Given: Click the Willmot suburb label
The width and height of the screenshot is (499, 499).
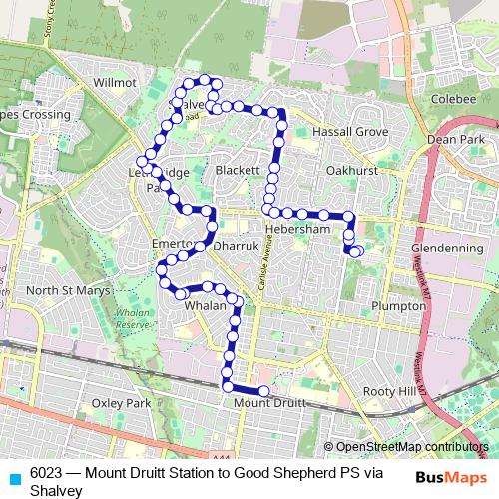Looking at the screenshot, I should (x=113, y=82).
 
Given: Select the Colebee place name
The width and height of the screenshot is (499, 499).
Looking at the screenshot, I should (x=455, y=99).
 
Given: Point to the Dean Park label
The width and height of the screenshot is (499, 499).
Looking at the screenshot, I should (x=455, y=141).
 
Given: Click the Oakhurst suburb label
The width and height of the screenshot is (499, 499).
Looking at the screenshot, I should (x=351, y=171).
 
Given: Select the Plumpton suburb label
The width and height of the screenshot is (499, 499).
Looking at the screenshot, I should (x=397, y=306).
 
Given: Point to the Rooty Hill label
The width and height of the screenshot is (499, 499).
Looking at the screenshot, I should (x=389, y=392).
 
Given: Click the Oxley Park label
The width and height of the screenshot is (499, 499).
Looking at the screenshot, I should (x=120, y=403).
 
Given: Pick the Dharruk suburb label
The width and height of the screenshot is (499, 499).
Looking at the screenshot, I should (x=237, y=243).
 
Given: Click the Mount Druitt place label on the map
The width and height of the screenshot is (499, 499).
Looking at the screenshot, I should (x=267, y=403).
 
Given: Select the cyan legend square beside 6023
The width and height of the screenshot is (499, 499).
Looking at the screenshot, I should (x=12, y=477).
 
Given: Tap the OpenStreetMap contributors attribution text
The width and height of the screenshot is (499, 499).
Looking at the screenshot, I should (x=411, y=447).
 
